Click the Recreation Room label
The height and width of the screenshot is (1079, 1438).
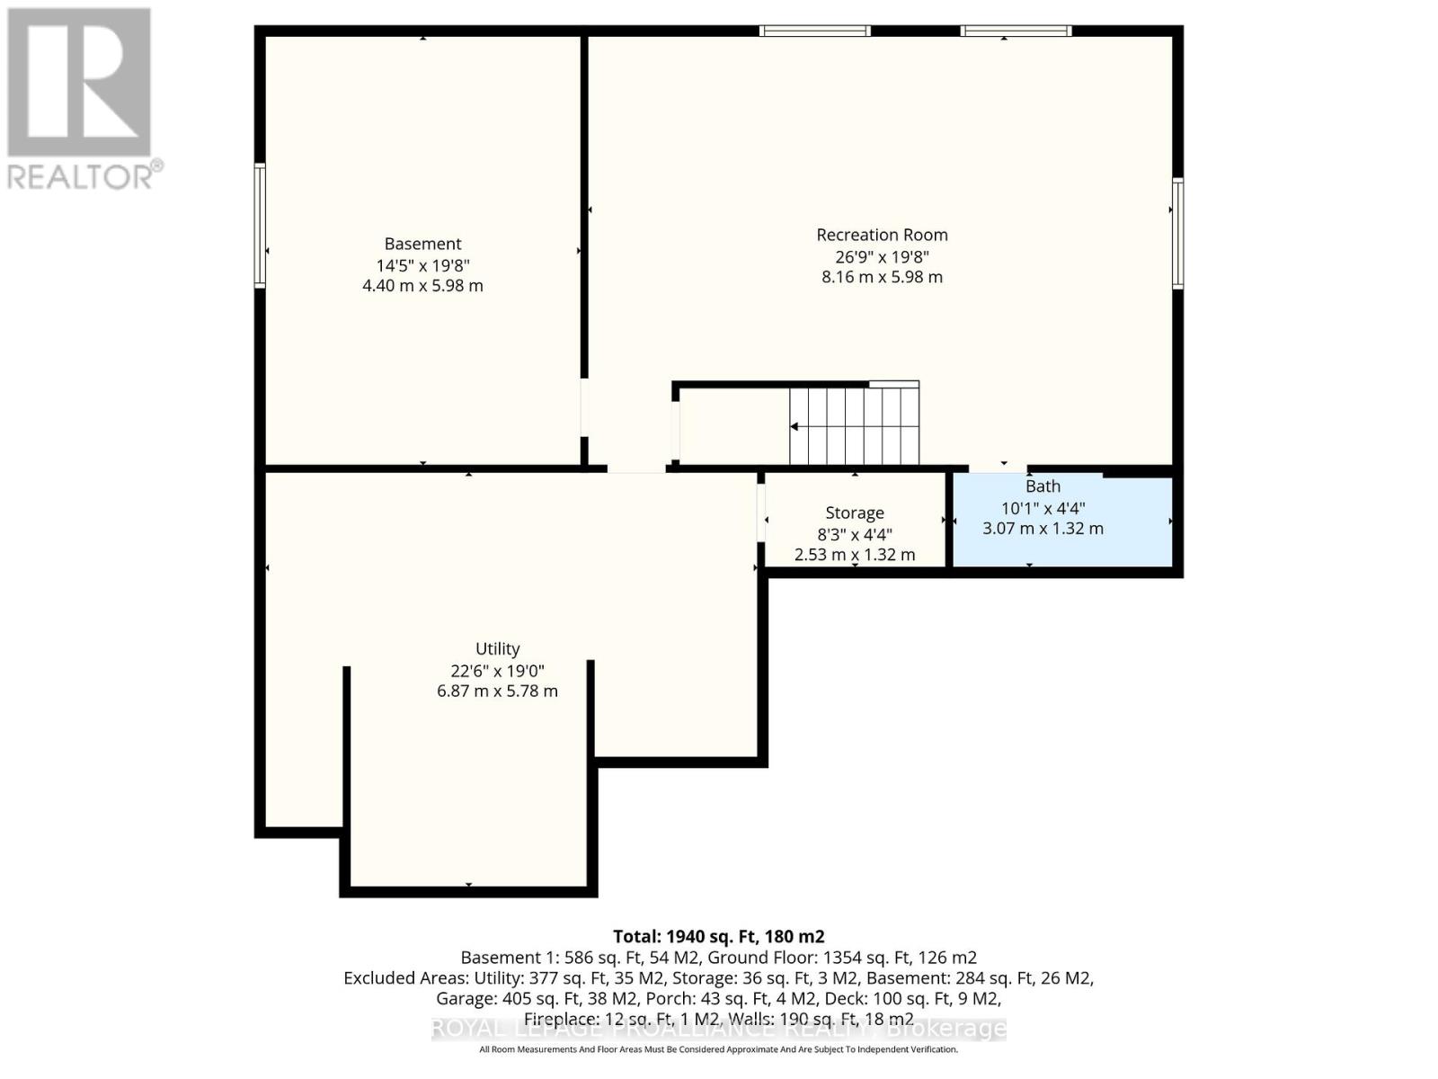(882, 235)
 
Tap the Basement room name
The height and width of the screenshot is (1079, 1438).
(422, 244)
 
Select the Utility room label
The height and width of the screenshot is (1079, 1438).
(497, 648)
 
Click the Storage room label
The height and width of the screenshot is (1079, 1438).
(854, 513)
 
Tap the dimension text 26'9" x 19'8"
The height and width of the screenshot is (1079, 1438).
(882, 256)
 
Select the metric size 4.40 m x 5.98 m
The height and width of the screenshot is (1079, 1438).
(422, 286)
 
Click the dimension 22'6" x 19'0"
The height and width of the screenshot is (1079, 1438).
(497, 671)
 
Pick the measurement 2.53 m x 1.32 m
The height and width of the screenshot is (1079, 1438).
(854, 555)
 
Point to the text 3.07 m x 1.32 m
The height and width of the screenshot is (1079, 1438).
(1043, 529)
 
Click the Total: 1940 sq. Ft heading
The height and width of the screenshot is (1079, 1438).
(718, 936)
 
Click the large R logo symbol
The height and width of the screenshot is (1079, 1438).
(79, 83)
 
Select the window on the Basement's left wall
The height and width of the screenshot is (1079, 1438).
(260, 225)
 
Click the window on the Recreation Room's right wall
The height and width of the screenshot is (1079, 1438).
(1177, 233)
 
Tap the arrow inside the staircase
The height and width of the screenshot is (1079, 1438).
(809, 426)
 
